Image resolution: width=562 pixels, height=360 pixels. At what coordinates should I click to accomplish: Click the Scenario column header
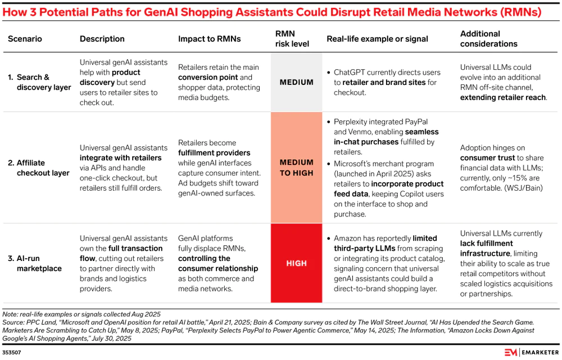[25, 39]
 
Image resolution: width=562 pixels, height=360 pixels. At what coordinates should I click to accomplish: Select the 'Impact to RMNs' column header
[210, 39]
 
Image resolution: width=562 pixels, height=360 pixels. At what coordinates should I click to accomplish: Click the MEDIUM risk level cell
[297, 82]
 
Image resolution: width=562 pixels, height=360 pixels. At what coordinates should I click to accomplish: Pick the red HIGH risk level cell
[297, 263]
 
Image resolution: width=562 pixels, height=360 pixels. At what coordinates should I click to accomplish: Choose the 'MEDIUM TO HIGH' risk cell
[297, 168]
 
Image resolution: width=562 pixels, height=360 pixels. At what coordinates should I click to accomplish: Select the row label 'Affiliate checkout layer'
[39, 168]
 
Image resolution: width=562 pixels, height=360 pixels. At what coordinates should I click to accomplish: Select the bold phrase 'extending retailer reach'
[503, 97]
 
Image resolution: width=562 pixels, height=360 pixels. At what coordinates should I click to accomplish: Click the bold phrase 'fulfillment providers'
[214, 152]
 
